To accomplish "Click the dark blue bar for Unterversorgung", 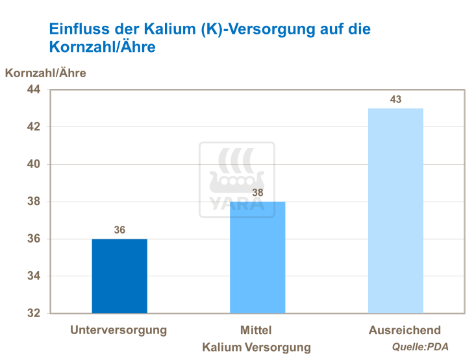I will point(119,276).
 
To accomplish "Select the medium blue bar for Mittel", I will point(257,258).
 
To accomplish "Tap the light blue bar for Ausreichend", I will point(395,211).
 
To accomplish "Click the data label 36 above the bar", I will point(119,230).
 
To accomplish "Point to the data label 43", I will point(395,99).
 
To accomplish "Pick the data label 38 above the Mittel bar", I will point(258,193).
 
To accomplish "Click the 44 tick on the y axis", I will point(33,90).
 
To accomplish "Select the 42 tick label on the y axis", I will point(33,127).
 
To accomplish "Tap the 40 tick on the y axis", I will point(33,165).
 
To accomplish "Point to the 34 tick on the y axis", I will point(33,276).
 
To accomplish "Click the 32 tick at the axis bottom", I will point(33,313).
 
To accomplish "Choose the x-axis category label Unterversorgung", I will point(119,330).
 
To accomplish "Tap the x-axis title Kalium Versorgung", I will point(256,347).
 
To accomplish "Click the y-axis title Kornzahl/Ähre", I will point(45,73).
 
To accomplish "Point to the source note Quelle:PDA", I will point(420,347).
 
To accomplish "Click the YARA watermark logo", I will point(236,180).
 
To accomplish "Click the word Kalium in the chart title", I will point(166,29).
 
